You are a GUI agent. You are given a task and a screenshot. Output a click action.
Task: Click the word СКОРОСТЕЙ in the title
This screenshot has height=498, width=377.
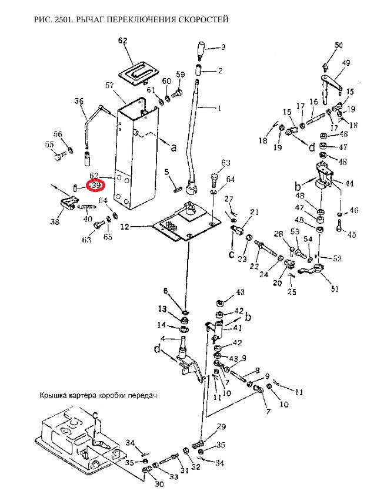point(202,20)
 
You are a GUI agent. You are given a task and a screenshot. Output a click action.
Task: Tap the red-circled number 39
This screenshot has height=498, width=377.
point(96,186)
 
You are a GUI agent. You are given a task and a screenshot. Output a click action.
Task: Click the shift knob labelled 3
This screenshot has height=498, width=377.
point(201,50)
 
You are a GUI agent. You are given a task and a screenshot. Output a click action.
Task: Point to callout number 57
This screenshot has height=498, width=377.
point(110,85)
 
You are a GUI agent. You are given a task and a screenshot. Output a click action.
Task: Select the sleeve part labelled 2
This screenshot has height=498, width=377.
point(199,69)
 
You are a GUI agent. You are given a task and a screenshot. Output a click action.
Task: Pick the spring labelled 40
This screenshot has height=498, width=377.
point(88,207)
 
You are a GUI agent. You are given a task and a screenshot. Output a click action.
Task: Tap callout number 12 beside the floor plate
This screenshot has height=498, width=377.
point(125,227)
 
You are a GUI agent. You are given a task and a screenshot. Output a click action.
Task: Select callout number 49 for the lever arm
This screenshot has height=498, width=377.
point(346,63)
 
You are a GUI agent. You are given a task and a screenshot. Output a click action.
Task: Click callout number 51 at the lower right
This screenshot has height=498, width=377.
point(335,289)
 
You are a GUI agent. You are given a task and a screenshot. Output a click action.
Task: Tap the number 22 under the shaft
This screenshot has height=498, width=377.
point(254,265)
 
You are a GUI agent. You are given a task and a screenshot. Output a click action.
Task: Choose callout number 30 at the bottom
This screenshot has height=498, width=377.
point(159,484)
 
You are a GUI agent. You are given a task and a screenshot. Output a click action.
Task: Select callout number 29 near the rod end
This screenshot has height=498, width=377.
point(221,426)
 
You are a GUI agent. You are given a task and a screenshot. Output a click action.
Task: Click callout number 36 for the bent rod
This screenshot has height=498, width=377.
point(79,102)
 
